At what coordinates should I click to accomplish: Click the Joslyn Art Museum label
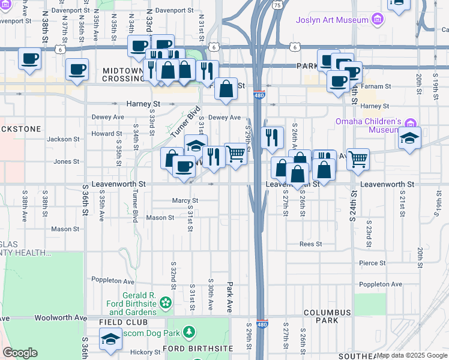point(331,20)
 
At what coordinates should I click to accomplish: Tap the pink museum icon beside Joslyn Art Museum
point(377,20)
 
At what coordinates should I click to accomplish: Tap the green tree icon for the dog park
point(189,331)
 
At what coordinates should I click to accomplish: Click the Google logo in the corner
point(20,353)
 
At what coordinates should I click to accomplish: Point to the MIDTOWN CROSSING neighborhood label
point(122,75)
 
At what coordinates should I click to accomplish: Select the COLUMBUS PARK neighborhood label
point(327,317)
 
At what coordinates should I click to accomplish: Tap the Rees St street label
point(311,244)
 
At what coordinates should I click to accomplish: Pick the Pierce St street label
point(372,263)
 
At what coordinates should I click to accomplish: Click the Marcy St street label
point(185,200)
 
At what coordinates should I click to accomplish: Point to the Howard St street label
point(107,134)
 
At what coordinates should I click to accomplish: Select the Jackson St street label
point(64,139)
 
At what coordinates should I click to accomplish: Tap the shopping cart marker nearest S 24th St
point(358,158)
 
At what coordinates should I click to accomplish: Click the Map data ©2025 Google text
point(412,355)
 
